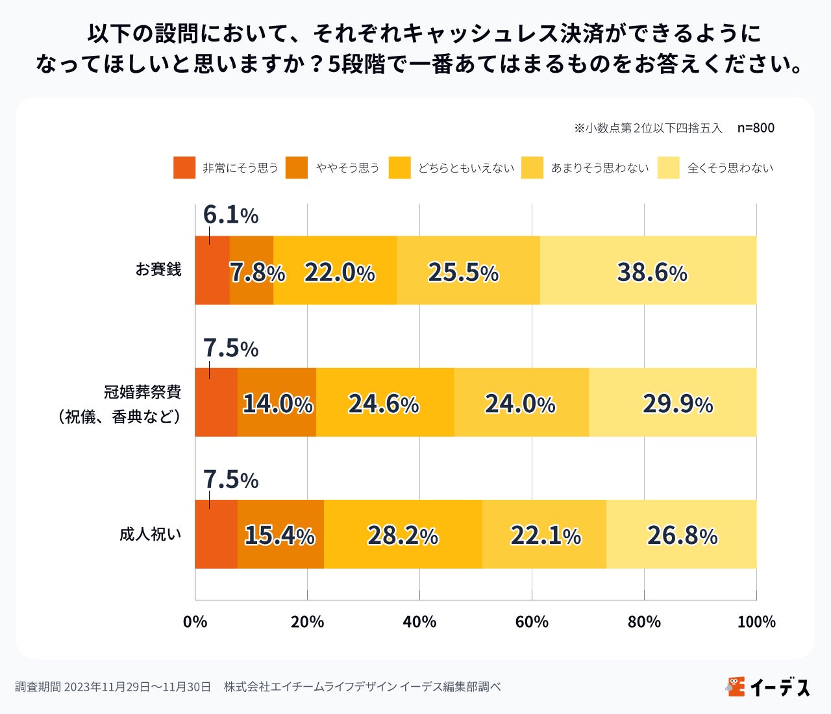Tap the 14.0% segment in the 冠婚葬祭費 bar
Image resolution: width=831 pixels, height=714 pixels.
[277, 402]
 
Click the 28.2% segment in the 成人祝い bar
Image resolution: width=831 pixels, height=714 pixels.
[403, 534]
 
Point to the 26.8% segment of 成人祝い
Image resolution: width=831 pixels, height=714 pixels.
[681, 534]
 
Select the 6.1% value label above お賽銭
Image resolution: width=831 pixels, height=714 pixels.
[230, 215]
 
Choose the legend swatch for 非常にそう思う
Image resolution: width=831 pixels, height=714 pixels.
[184, 167]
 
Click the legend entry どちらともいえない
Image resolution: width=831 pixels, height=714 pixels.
[465, 168]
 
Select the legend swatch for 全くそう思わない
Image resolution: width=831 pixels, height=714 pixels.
[668, 167]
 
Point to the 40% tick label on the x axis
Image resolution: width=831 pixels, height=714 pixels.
[419, 622]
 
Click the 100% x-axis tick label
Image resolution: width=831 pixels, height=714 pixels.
[756, 622]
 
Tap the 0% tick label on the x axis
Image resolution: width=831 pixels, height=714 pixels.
[195, 622]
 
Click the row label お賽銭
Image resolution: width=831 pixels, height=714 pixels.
[158, 269]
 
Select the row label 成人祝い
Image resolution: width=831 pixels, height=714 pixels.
[151, 534]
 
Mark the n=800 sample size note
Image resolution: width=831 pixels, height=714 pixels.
[756, 128]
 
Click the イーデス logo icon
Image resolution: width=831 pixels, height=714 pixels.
[736, 686]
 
